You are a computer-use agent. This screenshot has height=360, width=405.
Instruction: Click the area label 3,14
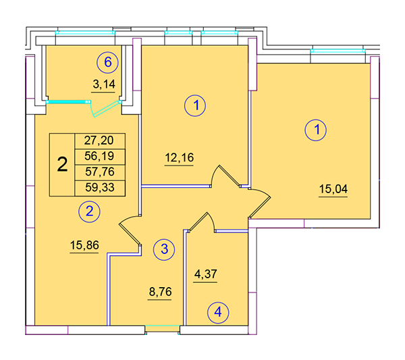tap(104, 84)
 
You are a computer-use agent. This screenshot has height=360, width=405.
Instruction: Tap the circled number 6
tap(107, 62)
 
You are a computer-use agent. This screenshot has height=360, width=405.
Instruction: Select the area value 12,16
tap(180, 157)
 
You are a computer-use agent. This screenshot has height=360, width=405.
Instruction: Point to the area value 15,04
tap(333, 189)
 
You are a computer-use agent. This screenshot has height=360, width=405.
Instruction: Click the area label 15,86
tap(84, 245)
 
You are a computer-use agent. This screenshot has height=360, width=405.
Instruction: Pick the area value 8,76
tap(160, 292)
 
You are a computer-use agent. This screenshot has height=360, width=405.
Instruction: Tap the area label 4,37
tap(206, 274)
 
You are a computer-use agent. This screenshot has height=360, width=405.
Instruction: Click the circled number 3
tap(164, 249)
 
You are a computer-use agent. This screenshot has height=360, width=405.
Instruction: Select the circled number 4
tap(218, 313)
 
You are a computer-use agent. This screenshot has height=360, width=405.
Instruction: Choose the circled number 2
tap(89, 211)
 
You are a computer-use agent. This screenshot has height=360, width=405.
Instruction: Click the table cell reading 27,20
tap(100, 141)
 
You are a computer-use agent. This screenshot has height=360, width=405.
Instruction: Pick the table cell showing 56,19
tap(100, 157)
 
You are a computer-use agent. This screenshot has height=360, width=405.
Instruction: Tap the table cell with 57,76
tap(100, 172)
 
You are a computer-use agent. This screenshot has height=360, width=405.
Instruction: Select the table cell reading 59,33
tap(100, 188)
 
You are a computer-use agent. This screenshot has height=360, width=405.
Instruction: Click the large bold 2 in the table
tap(62, 164)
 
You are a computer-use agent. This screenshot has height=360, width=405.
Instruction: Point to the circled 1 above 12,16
tap(195, 105)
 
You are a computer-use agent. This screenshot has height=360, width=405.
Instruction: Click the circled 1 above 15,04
tap(316, 130)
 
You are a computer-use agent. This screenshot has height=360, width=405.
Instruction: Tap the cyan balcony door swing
tap(105, 109)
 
